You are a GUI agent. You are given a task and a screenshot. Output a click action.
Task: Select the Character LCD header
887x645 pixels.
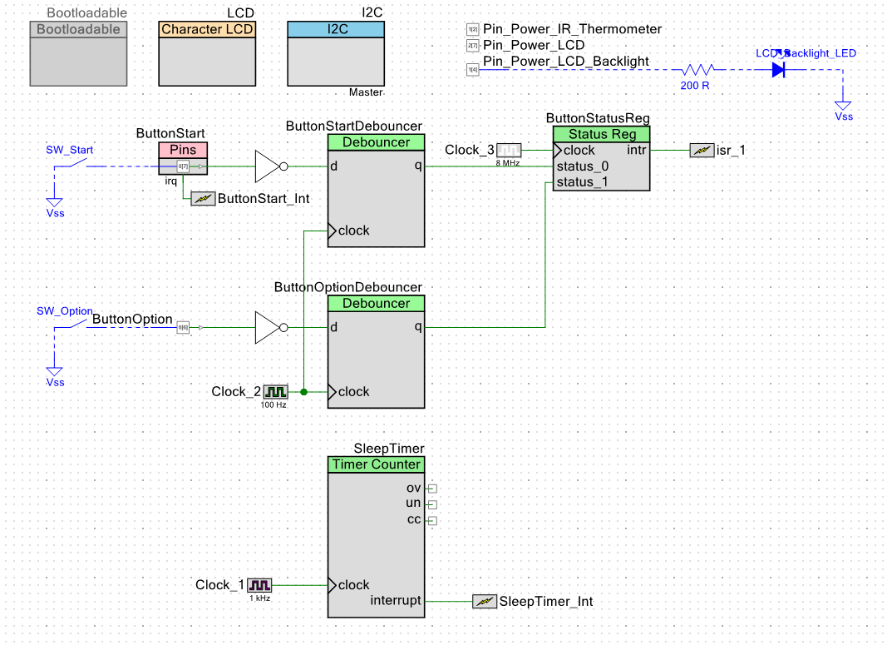(x=208, y=29)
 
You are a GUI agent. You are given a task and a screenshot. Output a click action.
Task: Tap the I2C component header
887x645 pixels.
(x=336, y=29)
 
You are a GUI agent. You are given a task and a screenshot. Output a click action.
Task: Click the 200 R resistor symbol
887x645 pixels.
(x=699, y=70)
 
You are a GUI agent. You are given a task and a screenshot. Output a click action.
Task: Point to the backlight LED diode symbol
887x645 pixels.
(x=778, y=70)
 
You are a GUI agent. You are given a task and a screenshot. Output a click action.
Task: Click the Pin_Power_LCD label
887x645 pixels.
(x=534, y=45)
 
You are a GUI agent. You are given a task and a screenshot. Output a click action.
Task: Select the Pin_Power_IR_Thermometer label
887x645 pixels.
(x=572, y=29)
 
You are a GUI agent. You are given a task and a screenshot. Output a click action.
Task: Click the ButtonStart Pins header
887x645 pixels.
(x=183, y=150)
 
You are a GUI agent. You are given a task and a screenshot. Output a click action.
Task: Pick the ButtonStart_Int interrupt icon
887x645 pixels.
(x=202, y=199)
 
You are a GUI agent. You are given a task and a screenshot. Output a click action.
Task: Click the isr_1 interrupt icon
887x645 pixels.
(x=701, y=151)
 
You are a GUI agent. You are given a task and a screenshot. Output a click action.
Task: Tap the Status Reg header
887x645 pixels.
(x=602, y=134)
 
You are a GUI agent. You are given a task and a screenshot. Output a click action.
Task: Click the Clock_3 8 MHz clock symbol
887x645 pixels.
(x=508, y=151)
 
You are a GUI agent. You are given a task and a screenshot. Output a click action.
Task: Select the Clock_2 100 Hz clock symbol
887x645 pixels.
(x=275, y=391)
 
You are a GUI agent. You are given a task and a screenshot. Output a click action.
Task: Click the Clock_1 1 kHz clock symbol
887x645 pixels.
(x=259, y=585)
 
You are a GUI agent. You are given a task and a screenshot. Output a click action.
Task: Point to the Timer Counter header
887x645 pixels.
(x=377, y=464)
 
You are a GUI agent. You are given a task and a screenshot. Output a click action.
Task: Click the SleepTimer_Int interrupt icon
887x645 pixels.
(x=483, y=601)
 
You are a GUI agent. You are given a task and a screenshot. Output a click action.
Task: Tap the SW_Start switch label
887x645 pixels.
(x=70, y=150)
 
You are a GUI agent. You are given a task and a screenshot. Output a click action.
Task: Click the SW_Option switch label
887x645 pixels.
(x=64, y=311)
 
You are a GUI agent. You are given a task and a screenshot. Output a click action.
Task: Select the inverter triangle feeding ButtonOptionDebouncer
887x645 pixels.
(x=268, y=328)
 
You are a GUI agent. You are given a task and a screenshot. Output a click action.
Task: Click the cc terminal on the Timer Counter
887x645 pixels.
(x=431, y=521)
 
